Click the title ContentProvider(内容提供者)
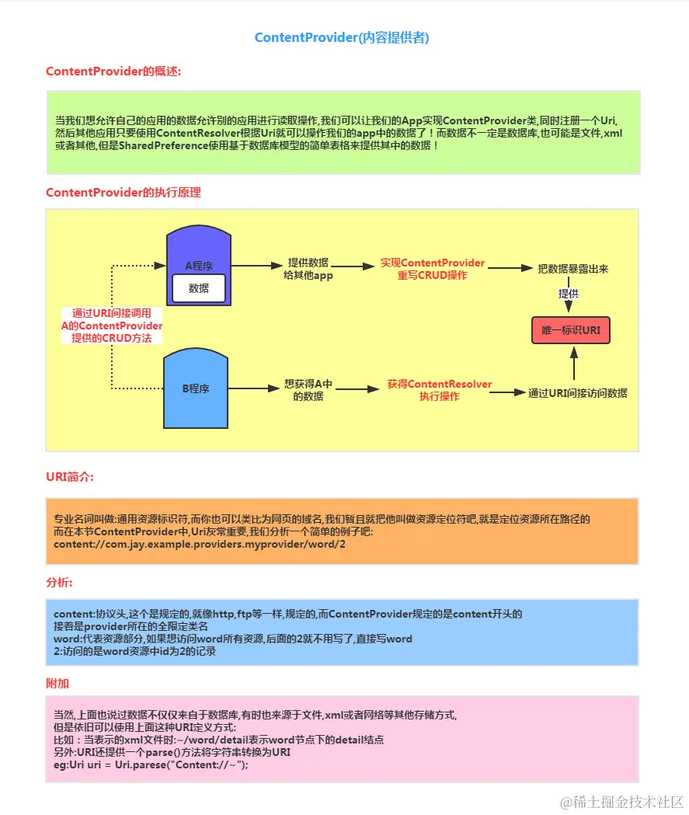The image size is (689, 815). click(342, 37)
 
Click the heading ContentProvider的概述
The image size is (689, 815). click(113, 71)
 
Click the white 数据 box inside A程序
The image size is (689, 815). click(199, 288)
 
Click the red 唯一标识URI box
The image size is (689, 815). click(571, 330)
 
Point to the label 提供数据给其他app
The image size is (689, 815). click(308, 268)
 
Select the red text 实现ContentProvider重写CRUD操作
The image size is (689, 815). click(433, 269)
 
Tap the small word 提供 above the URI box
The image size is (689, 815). click(569, 294)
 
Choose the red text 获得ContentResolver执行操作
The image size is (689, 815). click(439, 390)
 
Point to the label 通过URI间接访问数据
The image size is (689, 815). click(578, 393)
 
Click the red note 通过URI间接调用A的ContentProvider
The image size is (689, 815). click(112, 326)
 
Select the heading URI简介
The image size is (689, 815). click(70, 475)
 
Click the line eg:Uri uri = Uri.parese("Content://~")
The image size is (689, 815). click(150, 764)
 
